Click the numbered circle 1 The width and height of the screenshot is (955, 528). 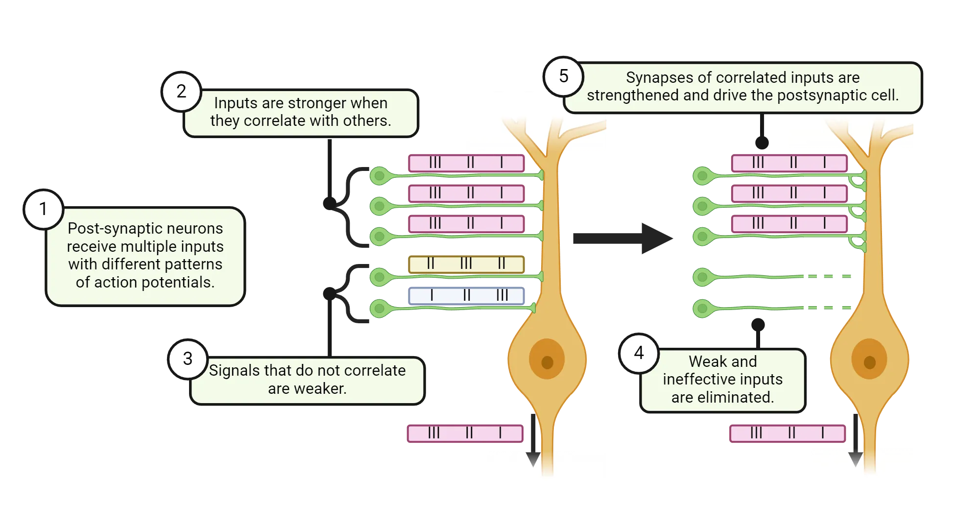(44, 210)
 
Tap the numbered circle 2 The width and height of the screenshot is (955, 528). (181, 92)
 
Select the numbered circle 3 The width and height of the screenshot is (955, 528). (188, 359)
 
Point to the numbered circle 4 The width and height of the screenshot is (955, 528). (639, 353)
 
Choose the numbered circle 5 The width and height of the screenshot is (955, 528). (564, 76)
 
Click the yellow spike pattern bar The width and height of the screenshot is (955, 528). (466, 264)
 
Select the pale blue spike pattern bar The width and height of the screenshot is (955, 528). (466, 295)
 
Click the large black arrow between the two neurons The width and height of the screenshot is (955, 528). (622, 239)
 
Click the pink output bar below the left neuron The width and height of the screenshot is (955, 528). (465, 433)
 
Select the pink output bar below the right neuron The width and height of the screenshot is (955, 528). (788, 433)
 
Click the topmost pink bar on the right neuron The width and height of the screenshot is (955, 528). (788, 163)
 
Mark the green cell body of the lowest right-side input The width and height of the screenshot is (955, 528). (702, 309)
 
